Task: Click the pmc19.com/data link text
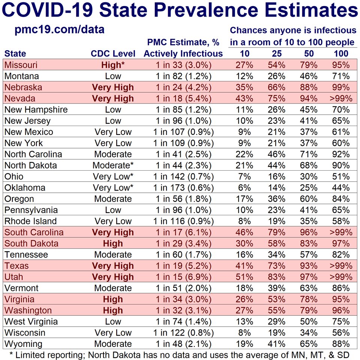point(60,30)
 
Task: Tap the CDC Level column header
point(113,54)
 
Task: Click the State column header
point(15,54)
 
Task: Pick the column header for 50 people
point(309,54)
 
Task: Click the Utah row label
point(14,277)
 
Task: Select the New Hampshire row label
point(36,110)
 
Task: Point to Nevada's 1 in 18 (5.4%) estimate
point(183,99)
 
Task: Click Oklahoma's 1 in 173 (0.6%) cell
point(183,188)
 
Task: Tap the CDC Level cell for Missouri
point(113,65)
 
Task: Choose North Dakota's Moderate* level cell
point(113,165)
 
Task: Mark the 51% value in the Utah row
point(244,277)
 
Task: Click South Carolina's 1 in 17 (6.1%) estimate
point(183,232)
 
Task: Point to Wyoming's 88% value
point(341,344)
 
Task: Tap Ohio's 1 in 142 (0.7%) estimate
point(183,177)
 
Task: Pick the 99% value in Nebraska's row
point(341,87)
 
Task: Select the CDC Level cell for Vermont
point(113,288)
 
